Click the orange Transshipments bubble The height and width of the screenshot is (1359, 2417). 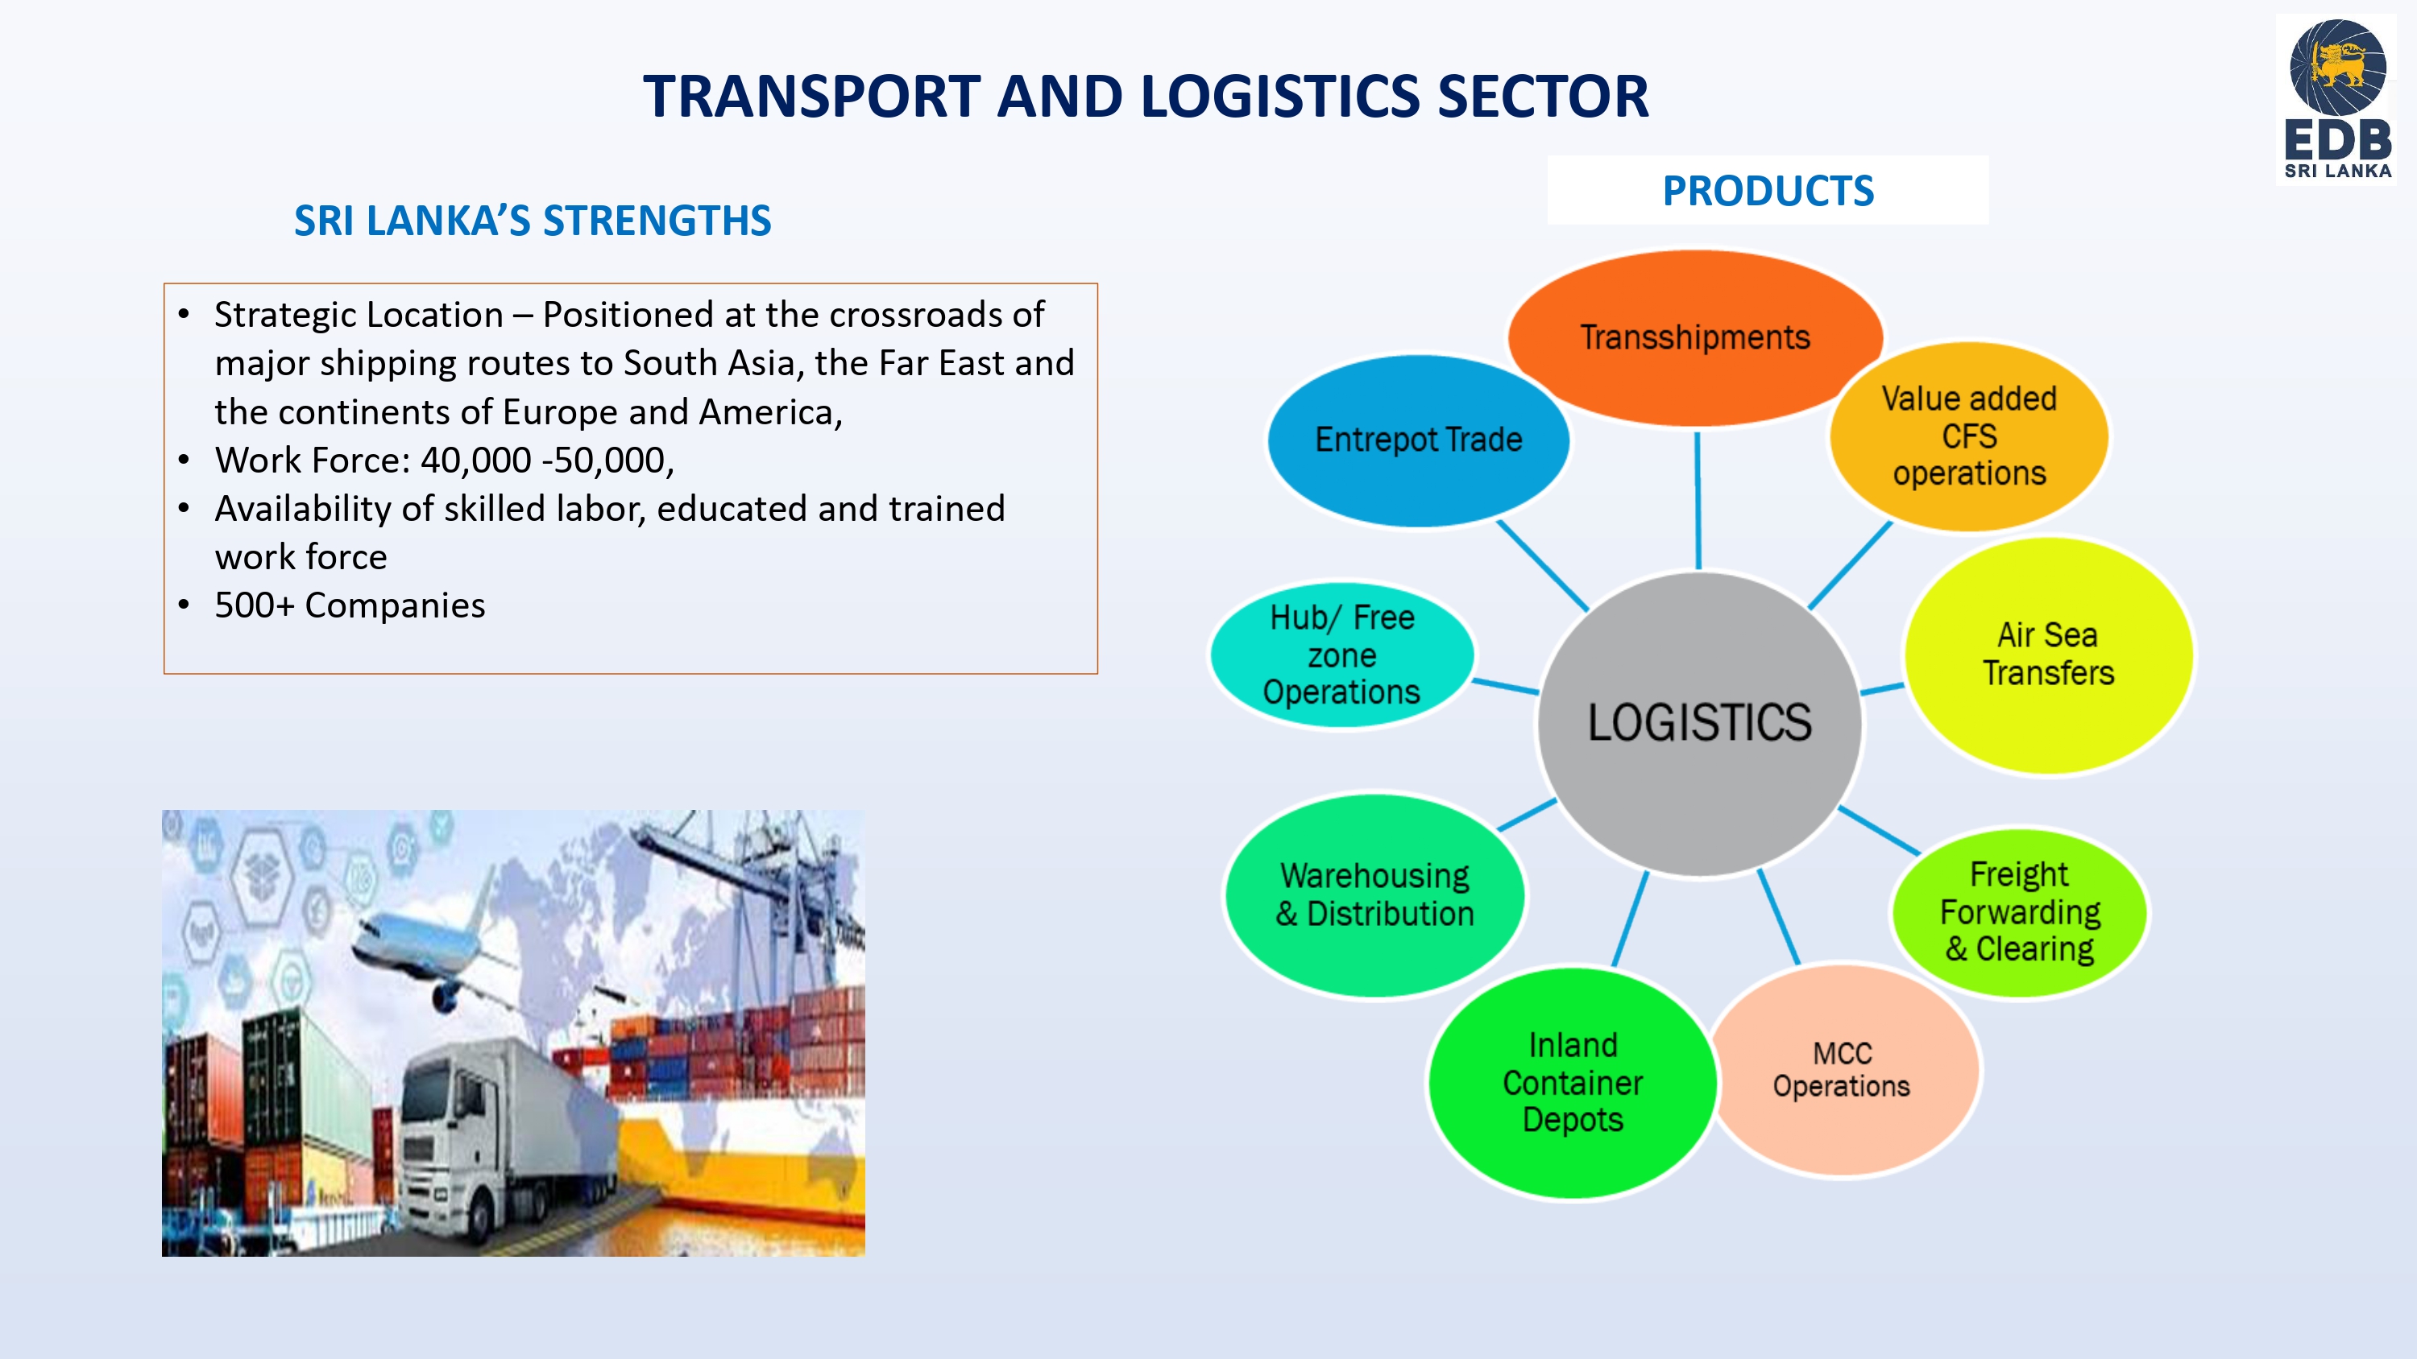pos(1694,337)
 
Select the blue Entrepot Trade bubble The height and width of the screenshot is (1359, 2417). pos(1418,440)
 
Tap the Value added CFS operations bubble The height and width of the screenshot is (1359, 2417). pos(1968,436)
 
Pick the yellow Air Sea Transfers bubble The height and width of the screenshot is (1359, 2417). pos(2048,655)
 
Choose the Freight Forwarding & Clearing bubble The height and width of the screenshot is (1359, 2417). pos(2019,911)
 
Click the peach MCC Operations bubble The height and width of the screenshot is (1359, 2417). pos(1843,1070)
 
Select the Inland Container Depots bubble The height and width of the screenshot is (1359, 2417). pos(1573,1084)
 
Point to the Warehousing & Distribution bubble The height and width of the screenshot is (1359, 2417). pos(1374,896)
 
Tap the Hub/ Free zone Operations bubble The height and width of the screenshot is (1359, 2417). pos(1341,655)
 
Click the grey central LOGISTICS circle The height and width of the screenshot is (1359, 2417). pos(1699,724)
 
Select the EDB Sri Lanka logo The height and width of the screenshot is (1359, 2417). pos(2336,99)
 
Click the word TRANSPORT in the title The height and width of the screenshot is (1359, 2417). pos(813,97)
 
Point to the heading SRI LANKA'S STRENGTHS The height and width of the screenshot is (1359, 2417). pos(532,221)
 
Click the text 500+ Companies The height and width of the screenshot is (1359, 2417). pos(350,606)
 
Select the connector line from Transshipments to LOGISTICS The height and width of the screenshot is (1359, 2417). pos(1698,500)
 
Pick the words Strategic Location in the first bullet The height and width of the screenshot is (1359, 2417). pos(359,315)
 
